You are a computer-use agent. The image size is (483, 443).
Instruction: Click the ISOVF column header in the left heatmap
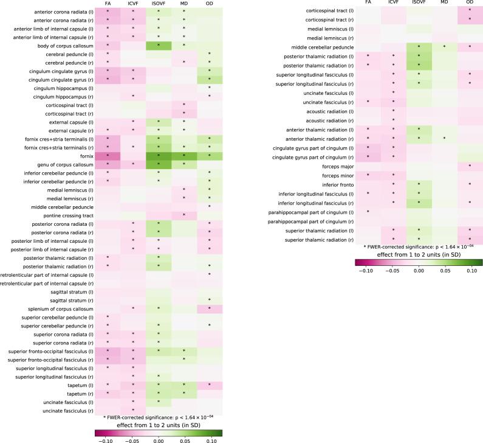tap(159, 4)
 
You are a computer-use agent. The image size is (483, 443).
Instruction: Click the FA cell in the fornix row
tap(108, 156)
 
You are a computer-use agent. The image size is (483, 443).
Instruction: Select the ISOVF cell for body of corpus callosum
tap(159, 45)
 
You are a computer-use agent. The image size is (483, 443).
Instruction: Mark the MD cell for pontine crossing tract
tap(184, 215)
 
